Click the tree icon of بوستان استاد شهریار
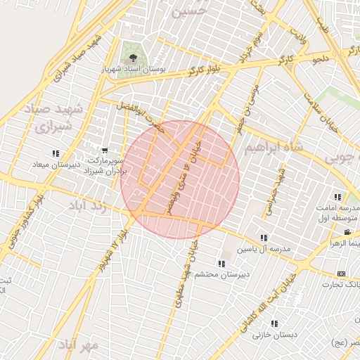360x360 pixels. tap(131, 55)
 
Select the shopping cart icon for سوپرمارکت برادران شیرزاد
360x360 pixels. tap(105, 150)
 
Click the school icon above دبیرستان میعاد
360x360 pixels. tap(56, 153)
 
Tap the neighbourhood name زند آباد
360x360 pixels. tap(89, 206)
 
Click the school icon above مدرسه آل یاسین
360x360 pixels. tap(264, 238)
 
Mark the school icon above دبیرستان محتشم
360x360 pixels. tap(221, 264)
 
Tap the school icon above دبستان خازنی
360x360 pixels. tap(274, 324)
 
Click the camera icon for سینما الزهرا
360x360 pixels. tap(347, 232)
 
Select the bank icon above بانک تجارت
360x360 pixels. tap(342, 274)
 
